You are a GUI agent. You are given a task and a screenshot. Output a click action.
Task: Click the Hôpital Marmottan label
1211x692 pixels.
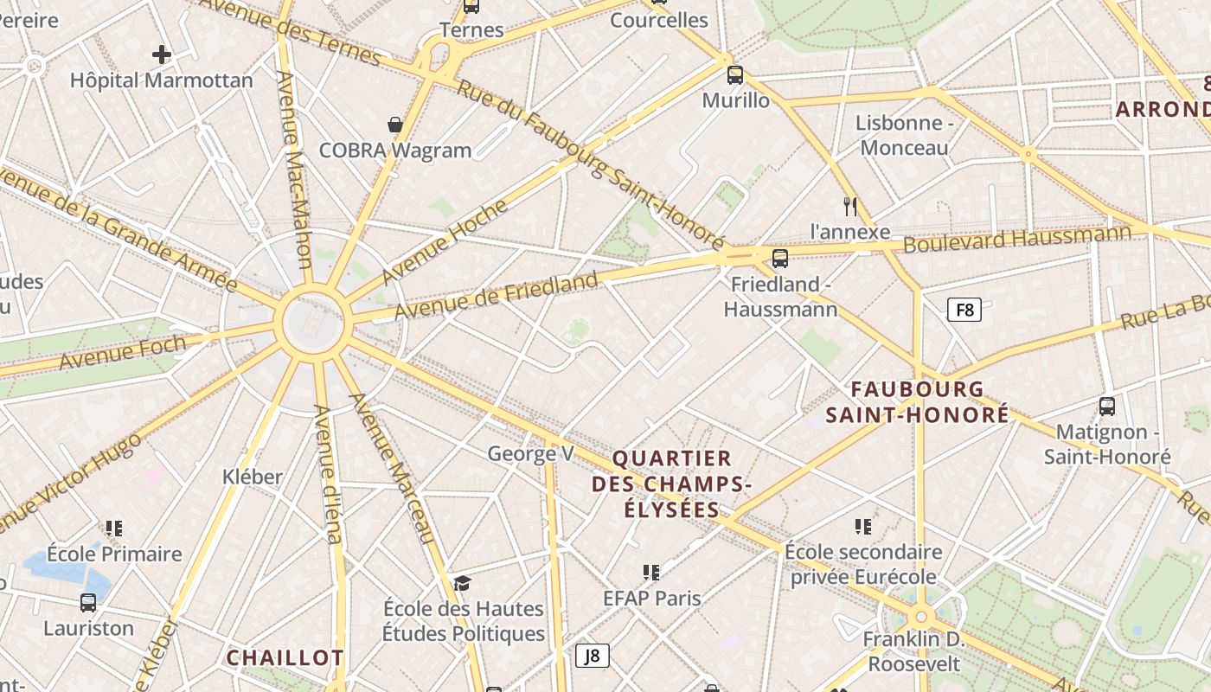pos(162,80)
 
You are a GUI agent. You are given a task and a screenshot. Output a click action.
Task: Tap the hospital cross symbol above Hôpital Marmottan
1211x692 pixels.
pos(162,54)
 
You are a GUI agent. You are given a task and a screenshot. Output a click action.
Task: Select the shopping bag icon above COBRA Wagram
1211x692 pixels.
pos(395,125)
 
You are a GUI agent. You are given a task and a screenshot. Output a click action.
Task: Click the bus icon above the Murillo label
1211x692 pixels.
pos(735,74)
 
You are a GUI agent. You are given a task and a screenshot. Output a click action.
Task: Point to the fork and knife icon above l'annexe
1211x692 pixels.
pos(850,206)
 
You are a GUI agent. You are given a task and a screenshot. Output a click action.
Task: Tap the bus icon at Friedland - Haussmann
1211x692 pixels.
pos(780,258)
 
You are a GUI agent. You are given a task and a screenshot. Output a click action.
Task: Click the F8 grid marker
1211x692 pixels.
pos(964,310)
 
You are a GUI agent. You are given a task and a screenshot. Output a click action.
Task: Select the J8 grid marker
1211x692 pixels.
pos(593,656)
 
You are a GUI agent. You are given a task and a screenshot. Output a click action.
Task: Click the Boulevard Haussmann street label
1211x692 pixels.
pos(1017,238)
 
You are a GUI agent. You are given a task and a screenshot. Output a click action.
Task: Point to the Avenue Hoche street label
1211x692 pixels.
pos(445,241)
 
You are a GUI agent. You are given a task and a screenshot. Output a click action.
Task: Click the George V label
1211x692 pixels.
pos(531,453)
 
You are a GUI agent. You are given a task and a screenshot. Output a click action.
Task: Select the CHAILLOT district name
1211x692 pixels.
pos(285,657)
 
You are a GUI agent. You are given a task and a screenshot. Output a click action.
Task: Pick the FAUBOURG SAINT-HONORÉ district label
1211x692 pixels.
pos(917,401)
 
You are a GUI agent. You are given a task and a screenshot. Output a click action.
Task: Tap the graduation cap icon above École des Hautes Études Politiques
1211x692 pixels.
pos(463,582)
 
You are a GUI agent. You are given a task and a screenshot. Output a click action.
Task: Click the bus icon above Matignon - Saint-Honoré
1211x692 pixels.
pos(1107,406)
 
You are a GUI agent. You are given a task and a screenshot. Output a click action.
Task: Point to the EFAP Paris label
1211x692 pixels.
pos(652,598)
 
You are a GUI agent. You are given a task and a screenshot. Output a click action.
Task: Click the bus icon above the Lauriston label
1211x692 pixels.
pos(88,602)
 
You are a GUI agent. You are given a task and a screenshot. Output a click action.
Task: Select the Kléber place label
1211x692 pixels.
pos(253,477)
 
